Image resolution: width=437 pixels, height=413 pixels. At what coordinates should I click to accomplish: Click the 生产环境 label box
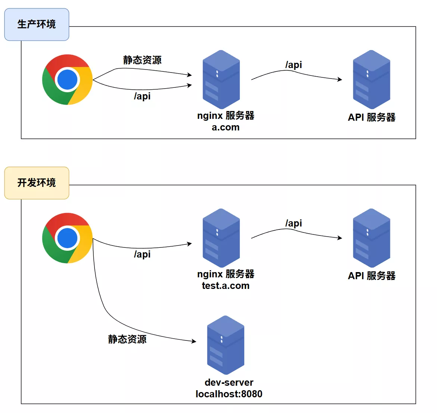pos(37,24)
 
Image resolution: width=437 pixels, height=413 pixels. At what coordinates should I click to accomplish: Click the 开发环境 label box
pos(37,183)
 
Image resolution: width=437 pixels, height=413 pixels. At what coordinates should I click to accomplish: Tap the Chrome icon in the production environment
pos(68,80)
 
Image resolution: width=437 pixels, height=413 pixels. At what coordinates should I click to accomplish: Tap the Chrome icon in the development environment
pos(68,238)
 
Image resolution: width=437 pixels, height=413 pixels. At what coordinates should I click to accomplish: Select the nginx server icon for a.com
pos(221,80)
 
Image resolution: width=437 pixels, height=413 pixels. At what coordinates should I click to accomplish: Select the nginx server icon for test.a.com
pos(221,238)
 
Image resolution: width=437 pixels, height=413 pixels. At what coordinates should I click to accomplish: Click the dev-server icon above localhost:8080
pos(226,345)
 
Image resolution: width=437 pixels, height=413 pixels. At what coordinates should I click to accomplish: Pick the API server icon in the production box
pos(371,80)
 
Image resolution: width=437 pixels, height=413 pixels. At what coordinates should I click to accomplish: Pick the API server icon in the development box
pos(371,238)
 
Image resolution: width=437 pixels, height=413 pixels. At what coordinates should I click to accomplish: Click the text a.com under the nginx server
pos(226,127)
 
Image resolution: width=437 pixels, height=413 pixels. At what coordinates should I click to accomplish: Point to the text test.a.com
pos(226,286)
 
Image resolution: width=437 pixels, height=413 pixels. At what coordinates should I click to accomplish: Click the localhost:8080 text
pos(229,394)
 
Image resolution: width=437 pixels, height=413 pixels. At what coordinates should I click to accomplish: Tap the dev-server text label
pos(229,382)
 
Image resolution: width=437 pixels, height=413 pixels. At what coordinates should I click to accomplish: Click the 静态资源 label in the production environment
pos(142,60)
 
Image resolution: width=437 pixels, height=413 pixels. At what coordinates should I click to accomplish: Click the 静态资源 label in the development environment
pos(127,339)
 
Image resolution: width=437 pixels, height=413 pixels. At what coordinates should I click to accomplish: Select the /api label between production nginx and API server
pos(294,65)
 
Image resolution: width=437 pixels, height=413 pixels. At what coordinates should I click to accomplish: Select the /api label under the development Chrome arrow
pos(142,255)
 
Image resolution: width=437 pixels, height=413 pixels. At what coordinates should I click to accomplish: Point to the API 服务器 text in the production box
pos(372,117)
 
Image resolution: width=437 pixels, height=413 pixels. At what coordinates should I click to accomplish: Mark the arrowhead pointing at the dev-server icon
pos(194,341)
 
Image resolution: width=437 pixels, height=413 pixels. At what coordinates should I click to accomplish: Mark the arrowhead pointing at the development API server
pos(340,238)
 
